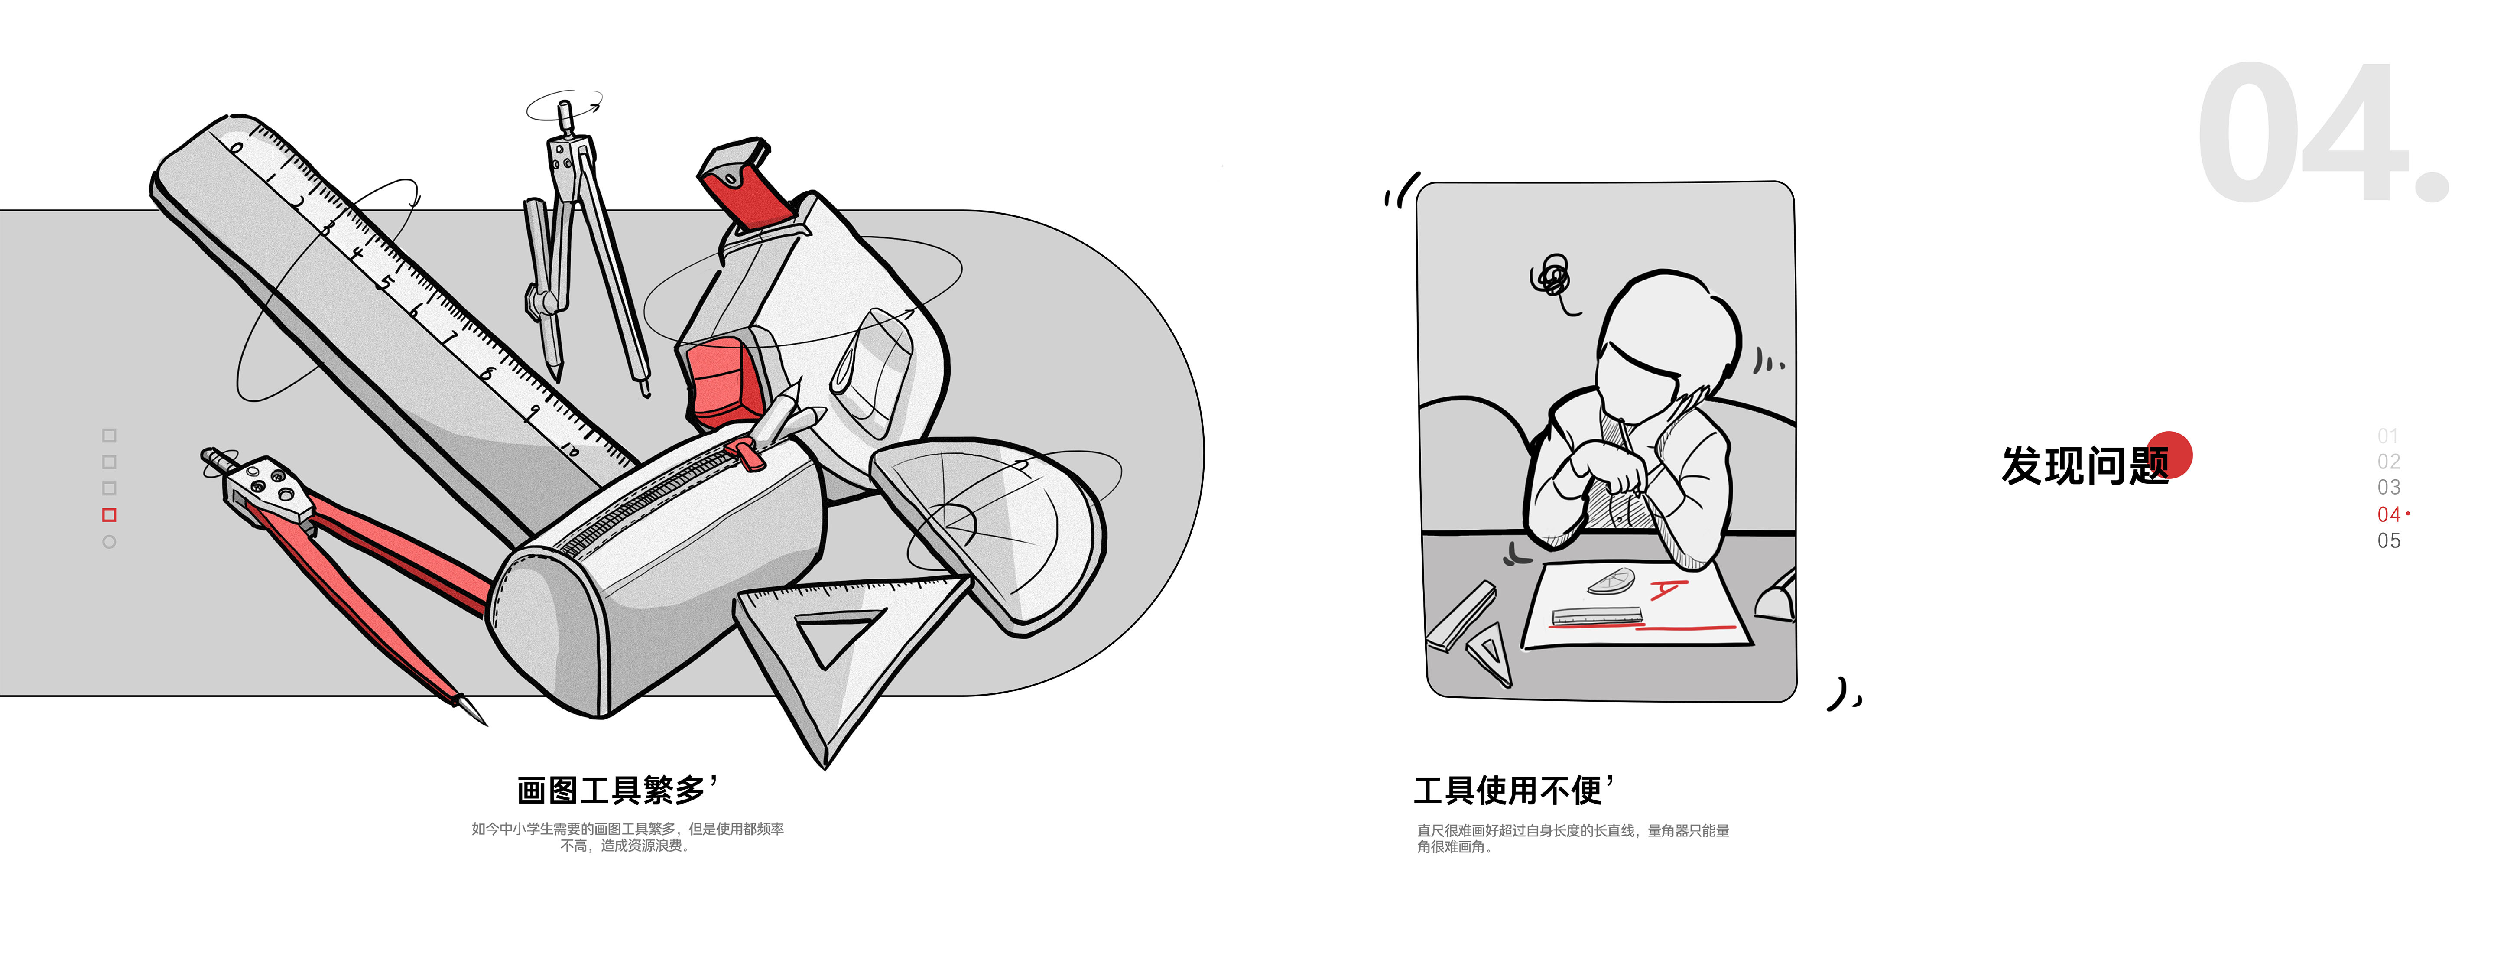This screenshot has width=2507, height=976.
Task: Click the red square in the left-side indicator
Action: [109, 515]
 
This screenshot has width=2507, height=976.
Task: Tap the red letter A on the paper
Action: [1667, 589]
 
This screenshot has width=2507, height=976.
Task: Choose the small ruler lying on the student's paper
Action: [1596, 615]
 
